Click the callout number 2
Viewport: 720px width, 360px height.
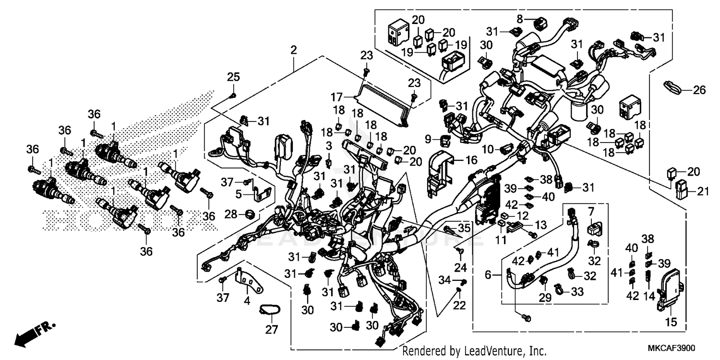293,49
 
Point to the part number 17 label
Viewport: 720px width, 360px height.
348,96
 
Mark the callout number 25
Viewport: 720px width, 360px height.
233,77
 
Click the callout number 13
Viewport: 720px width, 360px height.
540,225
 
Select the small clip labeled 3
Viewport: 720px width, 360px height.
329,162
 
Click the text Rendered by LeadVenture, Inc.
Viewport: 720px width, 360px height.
474,351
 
